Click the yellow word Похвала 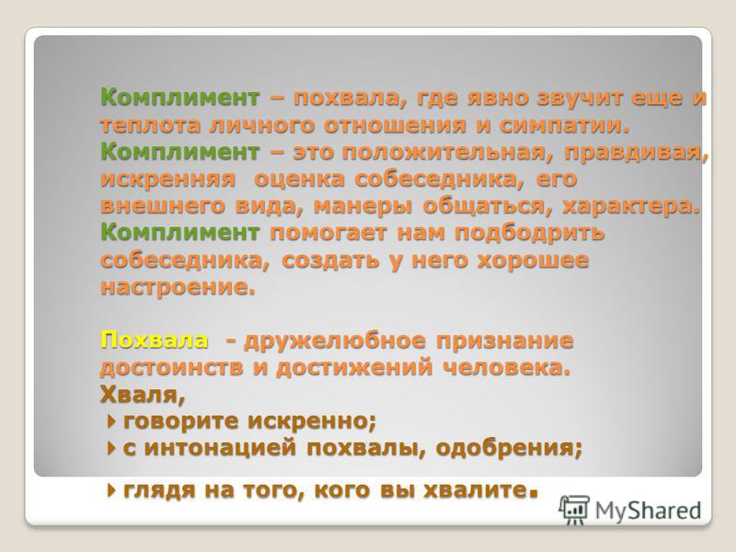(154, 339)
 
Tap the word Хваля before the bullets (143, 395)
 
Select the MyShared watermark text (649, 511)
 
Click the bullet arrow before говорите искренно (111, 421)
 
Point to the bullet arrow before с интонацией (111, 448)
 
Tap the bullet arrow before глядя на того (111, 490)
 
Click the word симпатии (563, 125)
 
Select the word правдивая (636, 153)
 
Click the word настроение (178, 287)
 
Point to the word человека (507, 367)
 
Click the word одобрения (509, 448)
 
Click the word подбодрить (530, 234)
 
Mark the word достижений (354, 367)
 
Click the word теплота (151, 125)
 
